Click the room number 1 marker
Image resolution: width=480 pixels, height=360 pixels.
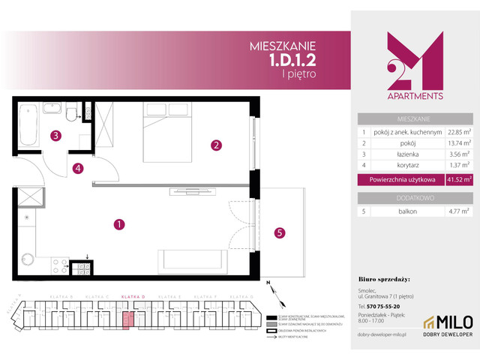pos(118,223)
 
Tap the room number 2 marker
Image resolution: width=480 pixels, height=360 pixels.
pos(215,145)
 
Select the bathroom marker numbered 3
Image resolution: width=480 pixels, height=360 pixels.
pos(55,136)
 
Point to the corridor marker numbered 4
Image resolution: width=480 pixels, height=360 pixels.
pos(78,169)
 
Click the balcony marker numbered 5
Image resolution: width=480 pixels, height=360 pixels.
pos(279,232)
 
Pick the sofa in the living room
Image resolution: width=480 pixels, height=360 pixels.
pos(191,260)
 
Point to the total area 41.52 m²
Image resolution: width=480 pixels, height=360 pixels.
pos(457,179)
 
